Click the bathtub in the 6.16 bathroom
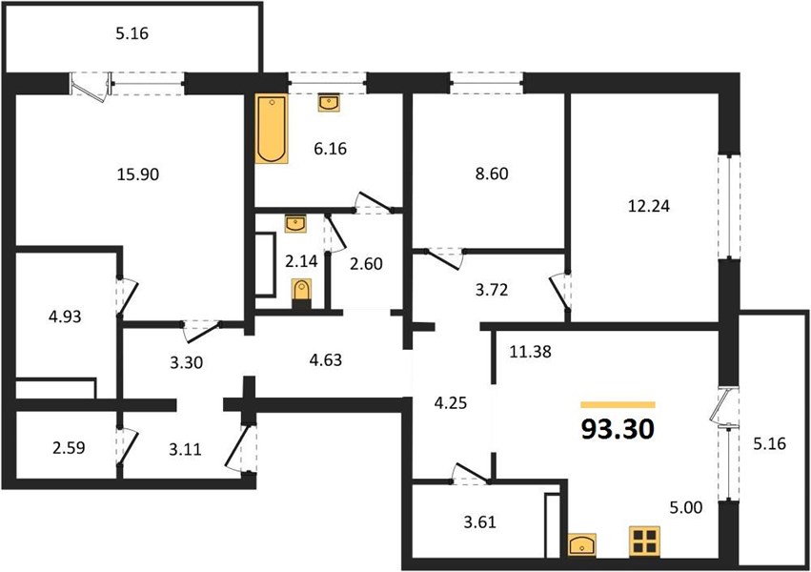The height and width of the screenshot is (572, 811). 272,129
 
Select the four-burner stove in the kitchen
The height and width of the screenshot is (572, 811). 644,541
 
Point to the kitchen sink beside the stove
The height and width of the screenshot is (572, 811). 582,545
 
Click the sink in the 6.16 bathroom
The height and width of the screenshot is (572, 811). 329,102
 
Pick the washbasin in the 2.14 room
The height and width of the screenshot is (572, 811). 295,223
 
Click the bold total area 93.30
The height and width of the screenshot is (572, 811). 618,429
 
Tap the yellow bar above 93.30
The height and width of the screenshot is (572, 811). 618,405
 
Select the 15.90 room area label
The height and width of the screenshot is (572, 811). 137,174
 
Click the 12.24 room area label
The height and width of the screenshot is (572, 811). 649,206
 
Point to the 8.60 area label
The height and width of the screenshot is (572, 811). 492,174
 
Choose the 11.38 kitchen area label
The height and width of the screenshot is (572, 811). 530,352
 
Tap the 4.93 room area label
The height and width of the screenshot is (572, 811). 65,317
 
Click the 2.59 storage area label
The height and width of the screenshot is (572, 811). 69,448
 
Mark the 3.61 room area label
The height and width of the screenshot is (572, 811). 479,522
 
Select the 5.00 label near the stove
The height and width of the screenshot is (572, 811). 686,507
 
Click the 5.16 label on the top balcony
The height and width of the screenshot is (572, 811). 132,33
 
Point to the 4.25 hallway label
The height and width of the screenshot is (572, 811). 451,403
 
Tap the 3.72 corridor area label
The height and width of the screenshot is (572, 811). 492,290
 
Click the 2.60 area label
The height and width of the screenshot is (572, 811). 366,264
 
